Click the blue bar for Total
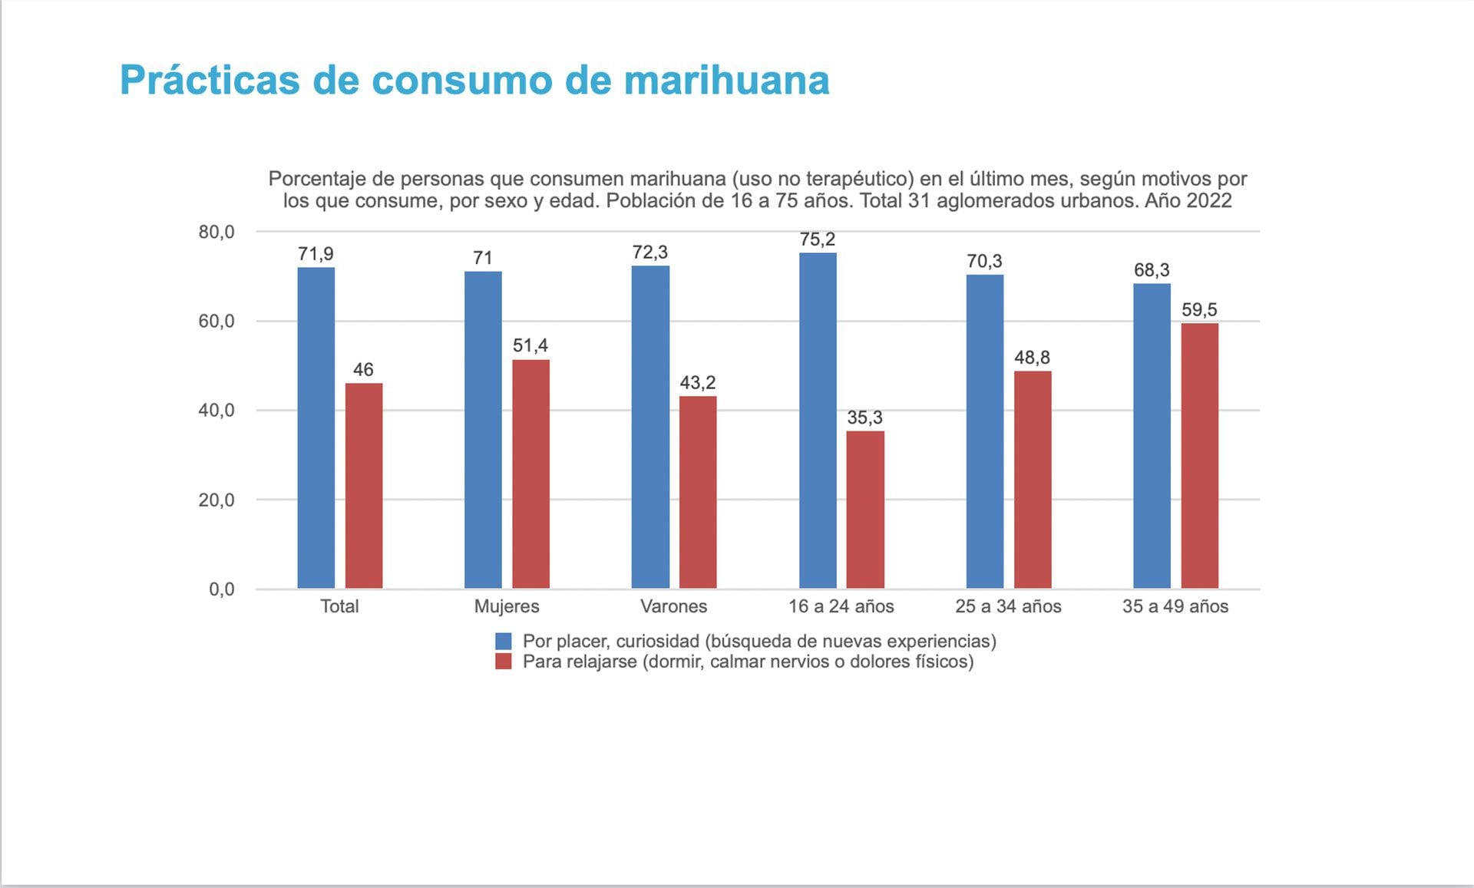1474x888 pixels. (316, 427)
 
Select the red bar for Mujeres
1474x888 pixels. (530, 474)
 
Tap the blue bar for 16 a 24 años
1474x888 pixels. (818, 421)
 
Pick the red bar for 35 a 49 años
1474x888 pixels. (1199, 456)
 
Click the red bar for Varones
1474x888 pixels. (698, 492)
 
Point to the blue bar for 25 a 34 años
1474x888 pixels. (984, 431)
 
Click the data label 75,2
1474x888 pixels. (818, 239)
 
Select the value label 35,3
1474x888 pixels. (865, 418)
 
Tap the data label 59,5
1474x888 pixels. (1199, 310)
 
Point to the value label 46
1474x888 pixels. (363, 370)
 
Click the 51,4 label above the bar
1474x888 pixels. (530, 345)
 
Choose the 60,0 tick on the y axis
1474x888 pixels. (216, 322)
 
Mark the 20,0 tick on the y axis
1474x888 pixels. (216, 500)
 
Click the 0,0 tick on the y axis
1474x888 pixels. (222, 589)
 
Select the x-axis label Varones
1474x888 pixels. (673, 606)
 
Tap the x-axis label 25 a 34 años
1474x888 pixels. (1008, 606)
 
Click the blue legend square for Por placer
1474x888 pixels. (504, 642)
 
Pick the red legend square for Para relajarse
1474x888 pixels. (504, 662)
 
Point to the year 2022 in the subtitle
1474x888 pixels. (1209, 201)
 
